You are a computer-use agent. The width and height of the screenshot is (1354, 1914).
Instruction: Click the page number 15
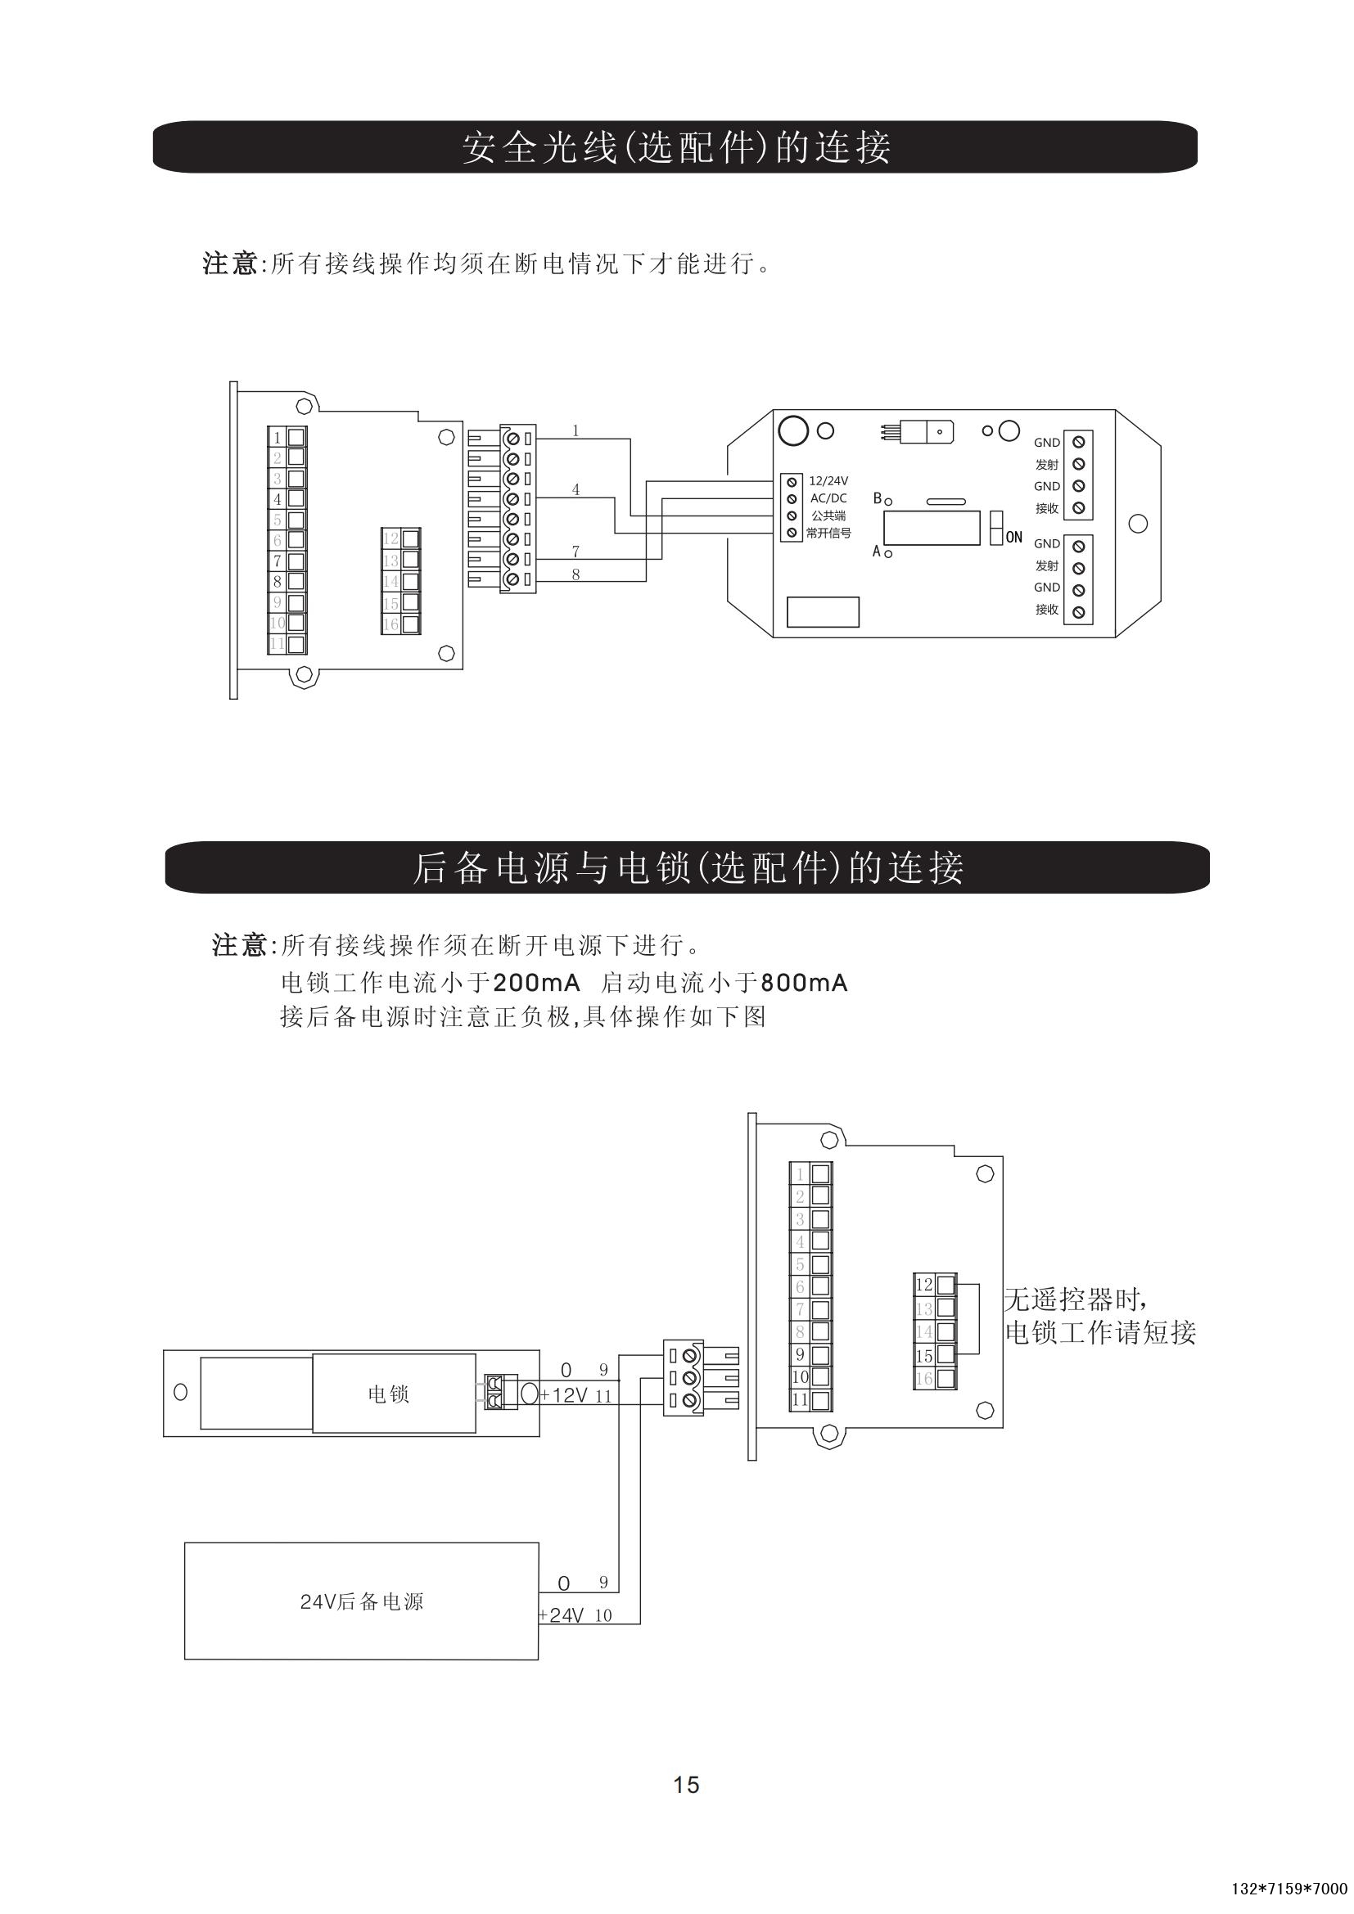pos(686,1785)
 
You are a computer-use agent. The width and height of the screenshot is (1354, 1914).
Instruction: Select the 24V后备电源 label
pos(362,1602)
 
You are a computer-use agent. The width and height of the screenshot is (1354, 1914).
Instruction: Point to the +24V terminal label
pos(562,1615)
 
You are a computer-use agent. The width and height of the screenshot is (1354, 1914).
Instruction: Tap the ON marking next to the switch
pos(1013,538)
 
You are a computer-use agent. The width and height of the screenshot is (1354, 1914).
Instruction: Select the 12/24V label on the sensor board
pos(828,481)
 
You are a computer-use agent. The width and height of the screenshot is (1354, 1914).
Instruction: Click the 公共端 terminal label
pos(828,516)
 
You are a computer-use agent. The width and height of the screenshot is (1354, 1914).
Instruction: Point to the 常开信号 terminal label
pos(828,534)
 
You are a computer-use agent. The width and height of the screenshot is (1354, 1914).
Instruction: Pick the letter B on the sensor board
pos(877,498)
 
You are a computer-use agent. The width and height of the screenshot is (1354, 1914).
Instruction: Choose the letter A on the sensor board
pos(876,551)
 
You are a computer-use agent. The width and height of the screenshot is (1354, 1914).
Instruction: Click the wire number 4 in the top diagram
pos(575,489)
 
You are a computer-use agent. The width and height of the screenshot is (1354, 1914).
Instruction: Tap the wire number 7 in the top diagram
pos(575,551)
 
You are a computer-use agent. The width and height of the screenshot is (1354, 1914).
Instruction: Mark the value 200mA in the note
pos(536,984)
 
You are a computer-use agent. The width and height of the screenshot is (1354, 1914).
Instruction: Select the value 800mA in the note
pos(804,984)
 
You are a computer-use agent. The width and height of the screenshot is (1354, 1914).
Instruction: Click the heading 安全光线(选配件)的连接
pos(676,147)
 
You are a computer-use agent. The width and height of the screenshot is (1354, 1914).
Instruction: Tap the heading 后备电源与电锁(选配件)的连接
pos(688,867)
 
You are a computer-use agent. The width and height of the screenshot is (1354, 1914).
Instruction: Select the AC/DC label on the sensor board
pos(828,498)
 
